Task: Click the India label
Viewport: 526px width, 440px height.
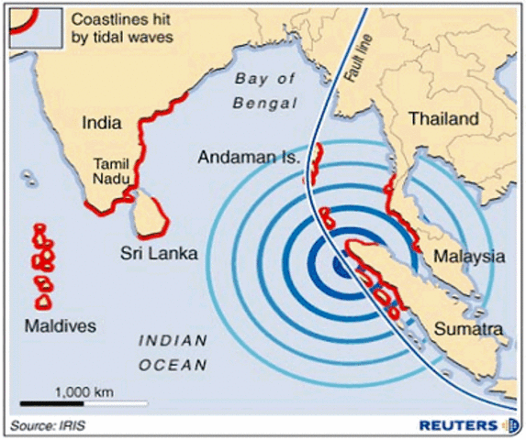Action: click(x=102, y=122)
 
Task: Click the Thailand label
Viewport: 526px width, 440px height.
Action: click(x=443, y=119)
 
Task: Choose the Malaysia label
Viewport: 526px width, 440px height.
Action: click(x=469, y=257)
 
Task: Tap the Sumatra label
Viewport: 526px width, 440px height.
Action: click(x=468, y=328)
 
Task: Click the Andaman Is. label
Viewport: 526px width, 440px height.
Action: click(x=249, y=158)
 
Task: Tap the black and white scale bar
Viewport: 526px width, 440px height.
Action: click(x=84, y=402)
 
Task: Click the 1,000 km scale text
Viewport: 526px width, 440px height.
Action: click(x=84, y=390)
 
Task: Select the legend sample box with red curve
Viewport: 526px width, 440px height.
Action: click(x=36, y=27)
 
